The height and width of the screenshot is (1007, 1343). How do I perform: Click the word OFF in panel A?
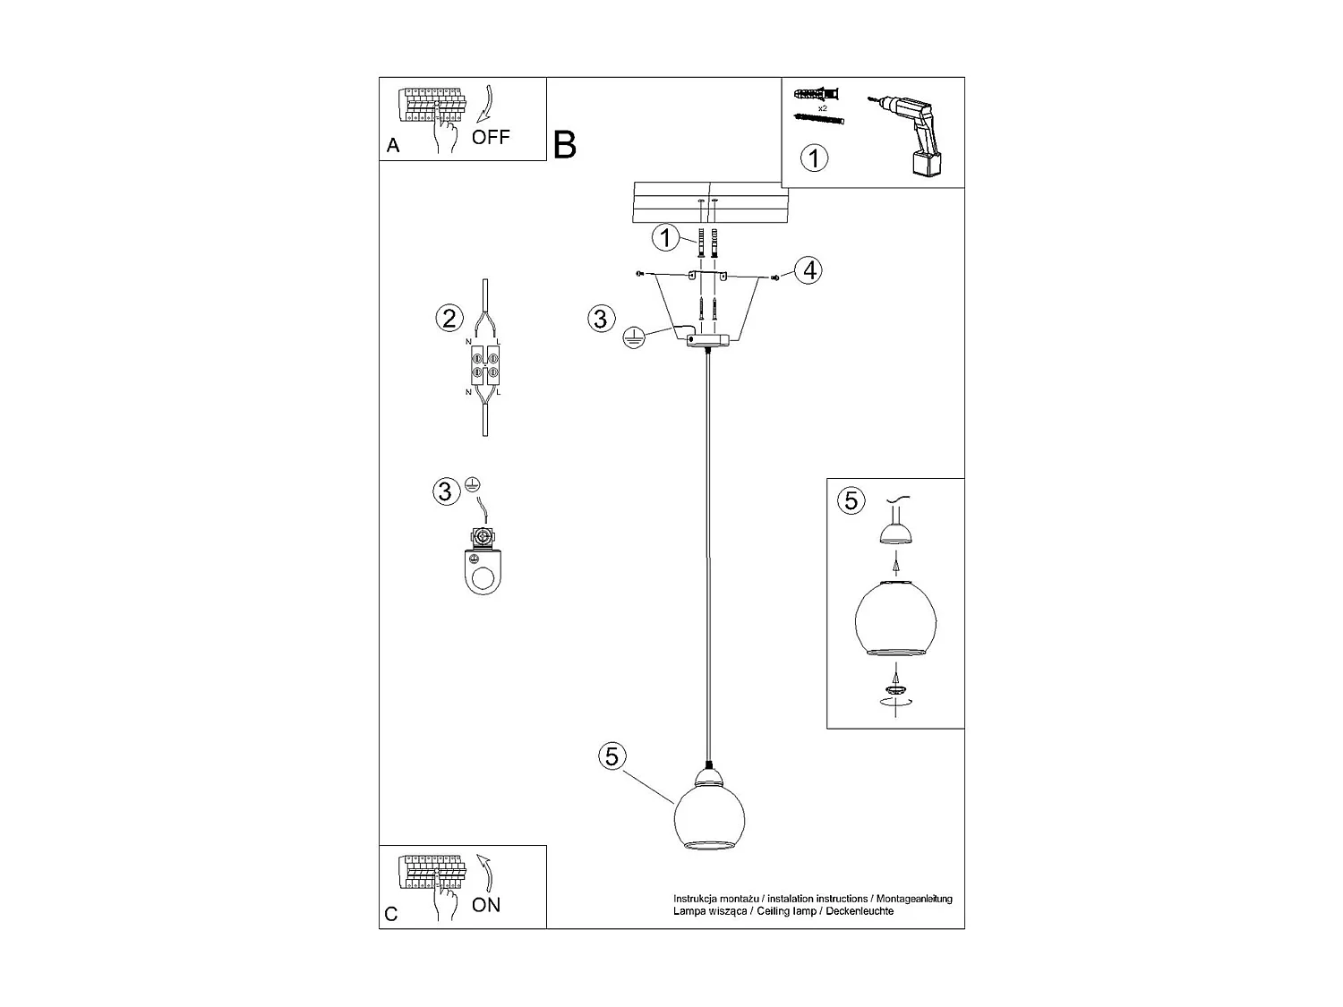491,137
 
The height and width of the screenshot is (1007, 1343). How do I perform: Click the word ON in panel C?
486,905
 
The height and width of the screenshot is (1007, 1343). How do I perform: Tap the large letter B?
565,145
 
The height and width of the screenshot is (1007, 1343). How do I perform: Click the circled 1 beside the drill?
813,158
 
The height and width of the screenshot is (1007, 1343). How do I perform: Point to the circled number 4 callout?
808,269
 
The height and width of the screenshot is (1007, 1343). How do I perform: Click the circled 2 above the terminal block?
449,318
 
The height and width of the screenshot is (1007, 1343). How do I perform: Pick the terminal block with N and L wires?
484,368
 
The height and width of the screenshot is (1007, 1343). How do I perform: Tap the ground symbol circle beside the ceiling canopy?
633,337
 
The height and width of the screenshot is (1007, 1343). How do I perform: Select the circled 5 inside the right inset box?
851,500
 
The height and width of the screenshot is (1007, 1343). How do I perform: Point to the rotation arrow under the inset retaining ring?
895,704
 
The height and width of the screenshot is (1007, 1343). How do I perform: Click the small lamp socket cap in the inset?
895,534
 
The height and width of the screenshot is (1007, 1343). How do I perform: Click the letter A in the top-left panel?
393,146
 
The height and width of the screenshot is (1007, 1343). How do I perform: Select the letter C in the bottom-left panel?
391,914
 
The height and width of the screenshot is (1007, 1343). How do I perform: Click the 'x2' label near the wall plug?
823,107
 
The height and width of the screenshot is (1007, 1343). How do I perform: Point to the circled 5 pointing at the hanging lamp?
612,756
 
